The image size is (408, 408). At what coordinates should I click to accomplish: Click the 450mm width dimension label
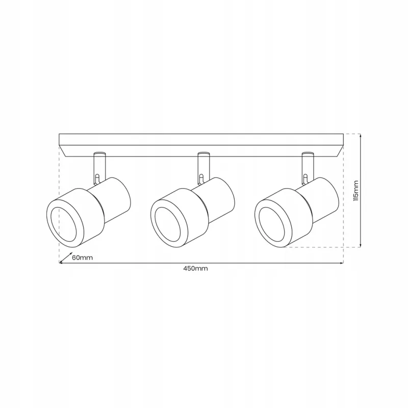click(195, 269)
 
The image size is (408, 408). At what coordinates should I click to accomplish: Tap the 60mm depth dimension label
click(82, 258)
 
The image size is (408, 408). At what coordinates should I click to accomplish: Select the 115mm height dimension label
click(355, 190)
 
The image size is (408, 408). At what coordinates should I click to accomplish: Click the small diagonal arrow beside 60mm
click(66, 257)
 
